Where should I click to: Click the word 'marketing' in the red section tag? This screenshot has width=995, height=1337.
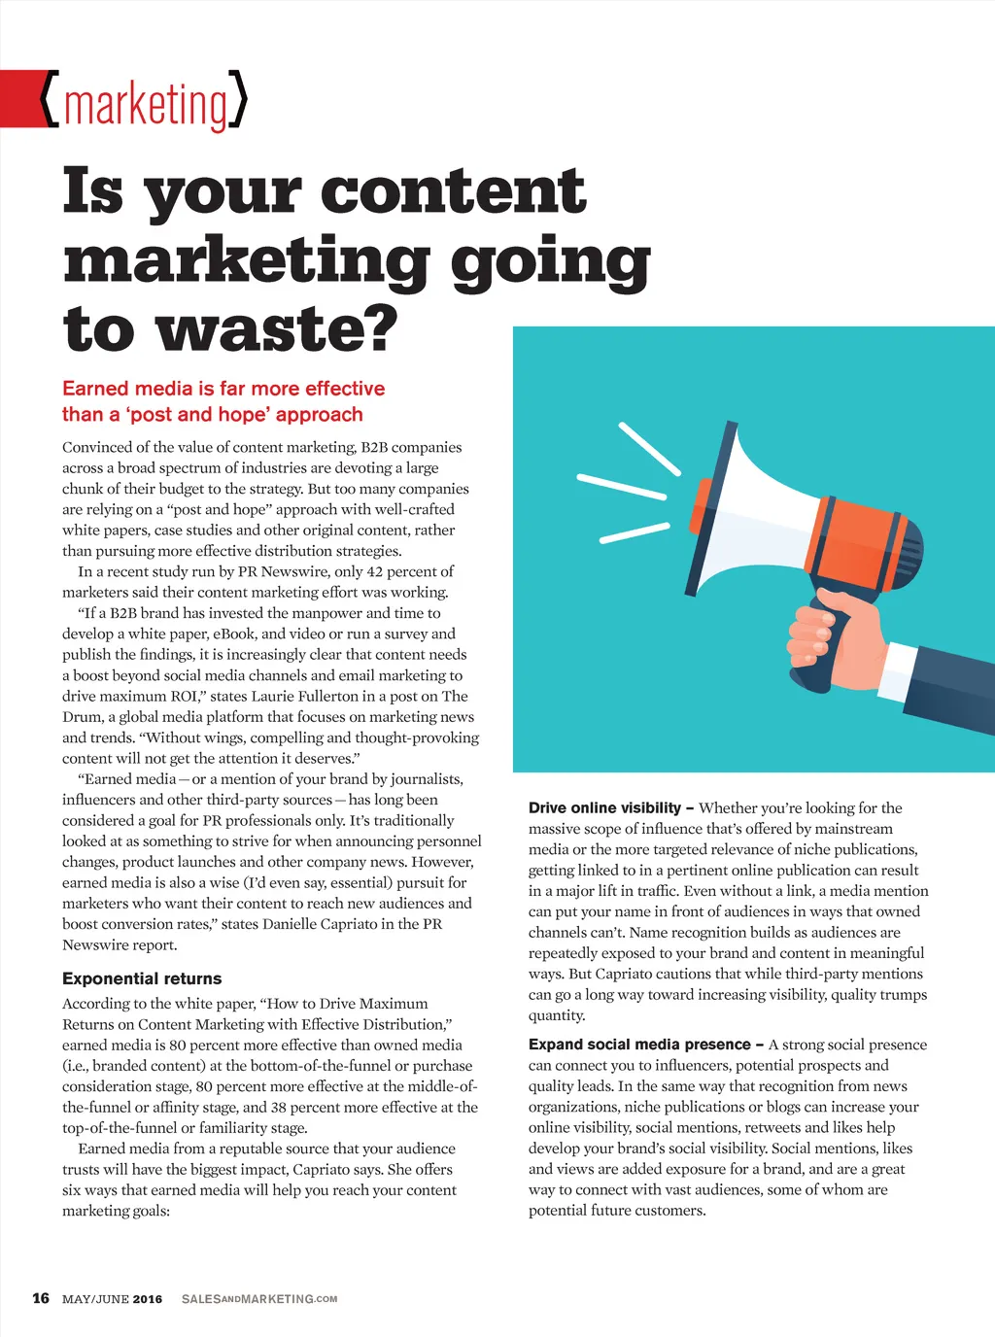click(x=146, y=105)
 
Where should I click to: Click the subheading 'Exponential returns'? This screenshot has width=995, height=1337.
click(x=142, y=978)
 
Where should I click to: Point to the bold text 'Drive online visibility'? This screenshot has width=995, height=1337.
click(x=604, y=807)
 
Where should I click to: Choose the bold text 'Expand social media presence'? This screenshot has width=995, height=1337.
click(x=639, y=1045)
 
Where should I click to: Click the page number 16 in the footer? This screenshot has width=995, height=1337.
click(x=41, y=1298)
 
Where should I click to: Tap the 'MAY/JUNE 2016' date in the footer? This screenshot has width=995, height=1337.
click(x=112, y=1299)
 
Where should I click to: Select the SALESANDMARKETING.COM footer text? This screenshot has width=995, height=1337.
click(x=259, y=1299)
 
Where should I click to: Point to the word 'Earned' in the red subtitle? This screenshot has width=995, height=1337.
click(x=95, y=389)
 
